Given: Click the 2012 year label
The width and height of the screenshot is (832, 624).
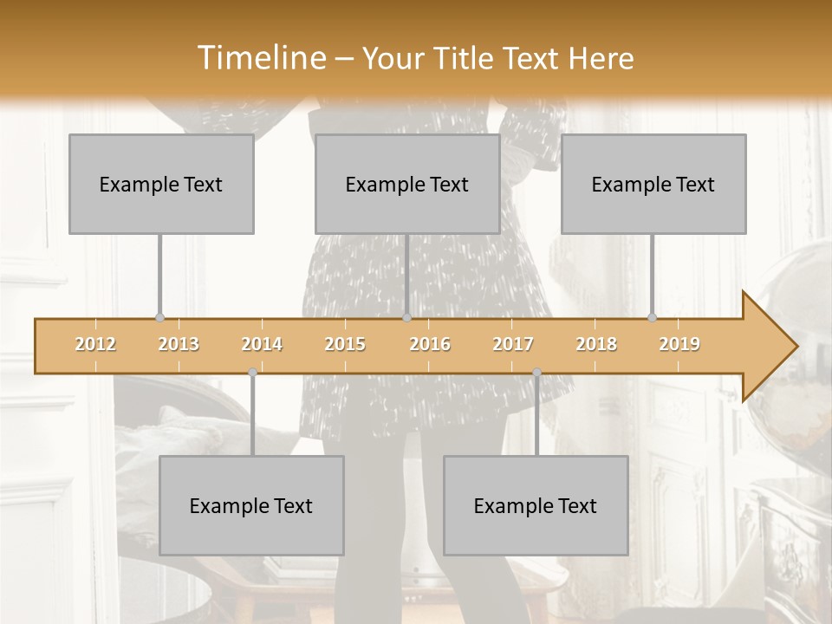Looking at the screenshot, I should point(95,344).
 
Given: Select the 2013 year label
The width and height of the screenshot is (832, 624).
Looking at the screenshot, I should point(179,344).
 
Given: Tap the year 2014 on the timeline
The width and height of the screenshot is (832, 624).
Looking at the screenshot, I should point(262,344).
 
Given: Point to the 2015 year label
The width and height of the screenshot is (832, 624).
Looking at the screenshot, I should point(345,344).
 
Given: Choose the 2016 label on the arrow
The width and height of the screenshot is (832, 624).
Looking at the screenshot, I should point(430,344).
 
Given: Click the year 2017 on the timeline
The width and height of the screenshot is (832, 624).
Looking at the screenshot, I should point(513,344).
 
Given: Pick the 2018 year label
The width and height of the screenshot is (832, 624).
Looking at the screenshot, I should point(596,344).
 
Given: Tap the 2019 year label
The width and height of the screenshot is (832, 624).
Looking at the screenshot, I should point(679,344).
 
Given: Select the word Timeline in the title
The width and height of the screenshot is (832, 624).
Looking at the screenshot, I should point(261,58).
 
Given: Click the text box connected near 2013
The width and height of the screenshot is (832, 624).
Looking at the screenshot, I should point(161,184).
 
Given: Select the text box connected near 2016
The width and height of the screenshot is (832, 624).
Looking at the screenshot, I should point(407,184).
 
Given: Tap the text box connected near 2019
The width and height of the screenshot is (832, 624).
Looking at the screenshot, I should point(653,184).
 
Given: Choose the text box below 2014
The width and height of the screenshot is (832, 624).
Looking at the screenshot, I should point(251,505).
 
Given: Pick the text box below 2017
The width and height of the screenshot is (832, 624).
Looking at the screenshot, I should point(536,505).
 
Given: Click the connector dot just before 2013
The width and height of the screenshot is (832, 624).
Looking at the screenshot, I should point(159,317).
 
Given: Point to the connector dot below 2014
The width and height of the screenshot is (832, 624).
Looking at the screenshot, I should point(252,373).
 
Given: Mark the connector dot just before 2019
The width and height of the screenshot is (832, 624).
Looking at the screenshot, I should point(652,317).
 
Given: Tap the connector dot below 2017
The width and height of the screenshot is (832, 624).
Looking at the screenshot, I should point(536,373).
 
